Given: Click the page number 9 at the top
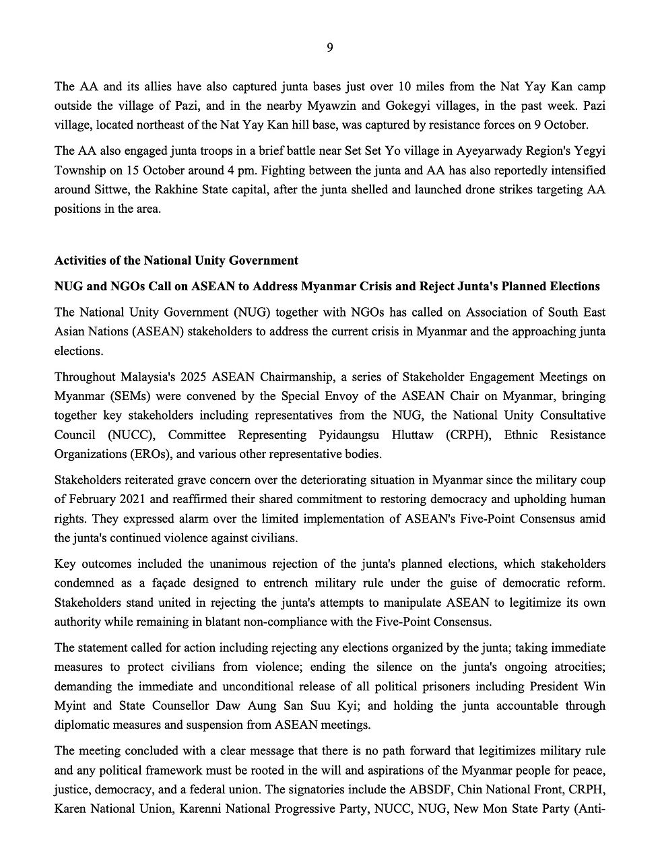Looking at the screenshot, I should (330, 47).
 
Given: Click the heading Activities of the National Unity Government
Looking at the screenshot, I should (176, 260).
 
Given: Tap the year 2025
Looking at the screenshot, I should (202, 377).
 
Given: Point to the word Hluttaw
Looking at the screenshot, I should (399, 435).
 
